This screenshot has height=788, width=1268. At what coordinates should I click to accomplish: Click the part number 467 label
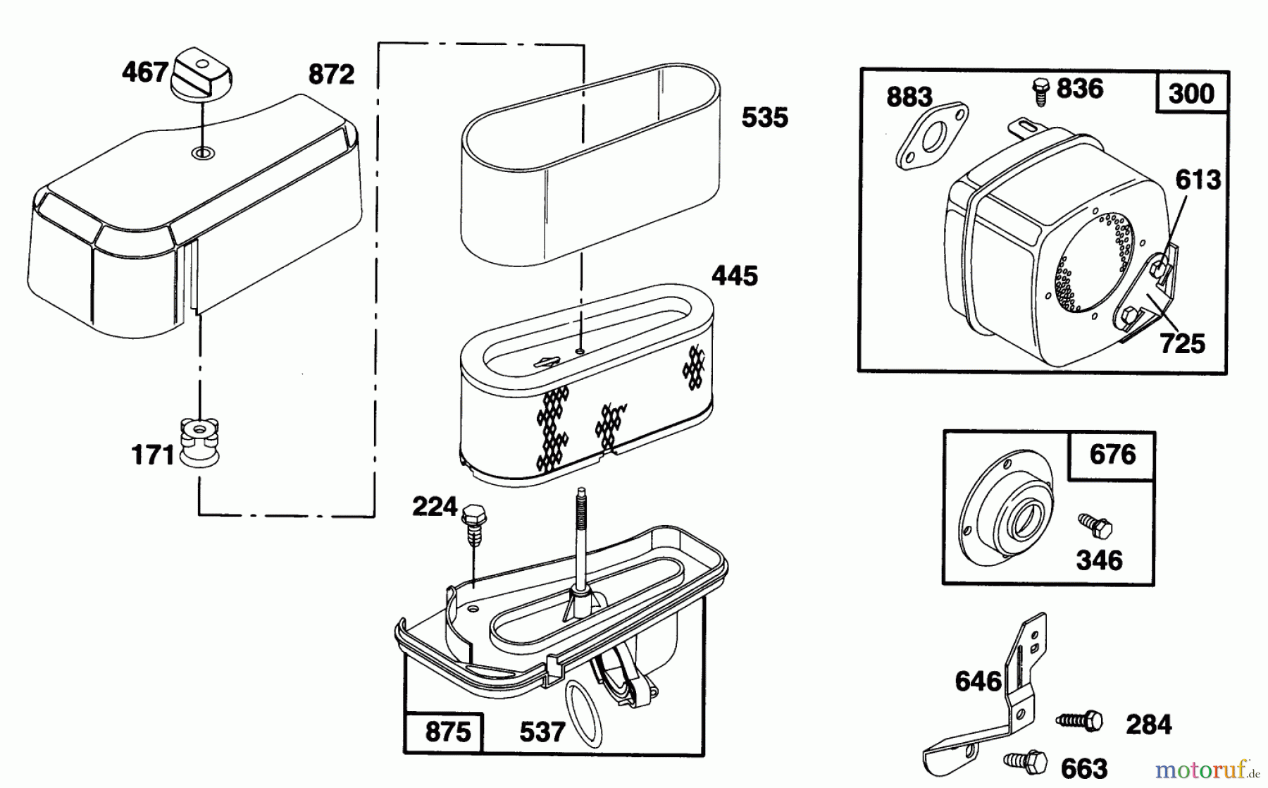(145, 73)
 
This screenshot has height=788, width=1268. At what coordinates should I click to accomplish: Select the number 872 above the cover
(331, 74)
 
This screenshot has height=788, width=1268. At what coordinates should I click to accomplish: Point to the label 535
(764, 118)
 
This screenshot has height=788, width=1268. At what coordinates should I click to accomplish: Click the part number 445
(735, 276)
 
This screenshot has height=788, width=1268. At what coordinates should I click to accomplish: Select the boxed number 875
(448, 732)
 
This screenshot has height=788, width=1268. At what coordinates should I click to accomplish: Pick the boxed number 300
(1191, 94)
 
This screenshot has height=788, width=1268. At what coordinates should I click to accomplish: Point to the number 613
(1198, 180)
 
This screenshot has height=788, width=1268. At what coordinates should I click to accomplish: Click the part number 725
(1182, 344)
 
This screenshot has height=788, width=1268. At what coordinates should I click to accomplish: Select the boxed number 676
(1112, 455)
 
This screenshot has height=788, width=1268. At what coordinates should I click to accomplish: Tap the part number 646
(978, 681)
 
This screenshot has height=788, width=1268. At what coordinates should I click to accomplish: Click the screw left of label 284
(1080, 720)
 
